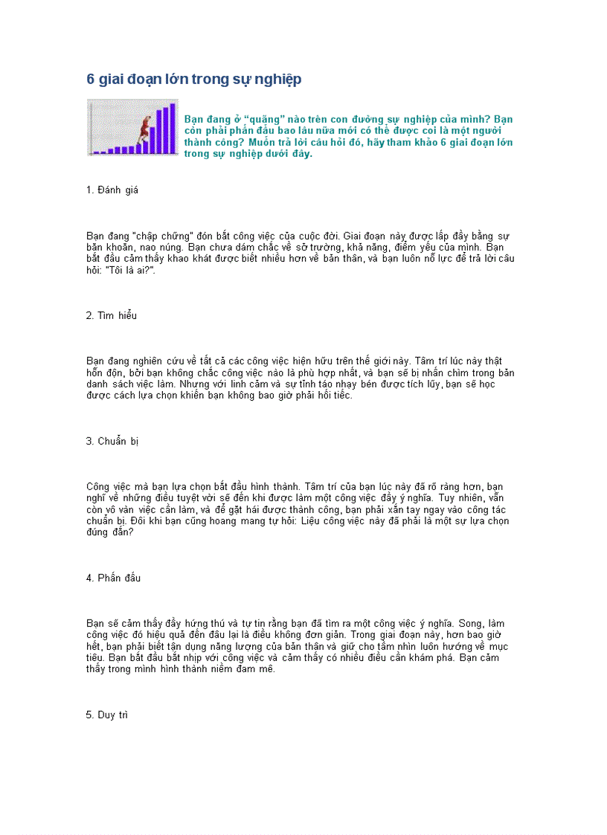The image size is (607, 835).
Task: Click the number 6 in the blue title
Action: [91, 80]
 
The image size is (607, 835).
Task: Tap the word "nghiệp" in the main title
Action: [280, 80]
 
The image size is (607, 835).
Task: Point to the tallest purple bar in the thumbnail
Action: [173, 128]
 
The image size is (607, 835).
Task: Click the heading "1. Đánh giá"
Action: [112, 190]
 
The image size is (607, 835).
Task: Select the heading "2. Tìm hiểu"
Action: [112, 315]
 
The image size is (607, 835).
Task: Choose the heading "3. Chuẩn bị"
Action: [112, 441]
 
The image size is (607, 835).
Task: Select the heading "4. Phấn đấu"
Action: [113, 578]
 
